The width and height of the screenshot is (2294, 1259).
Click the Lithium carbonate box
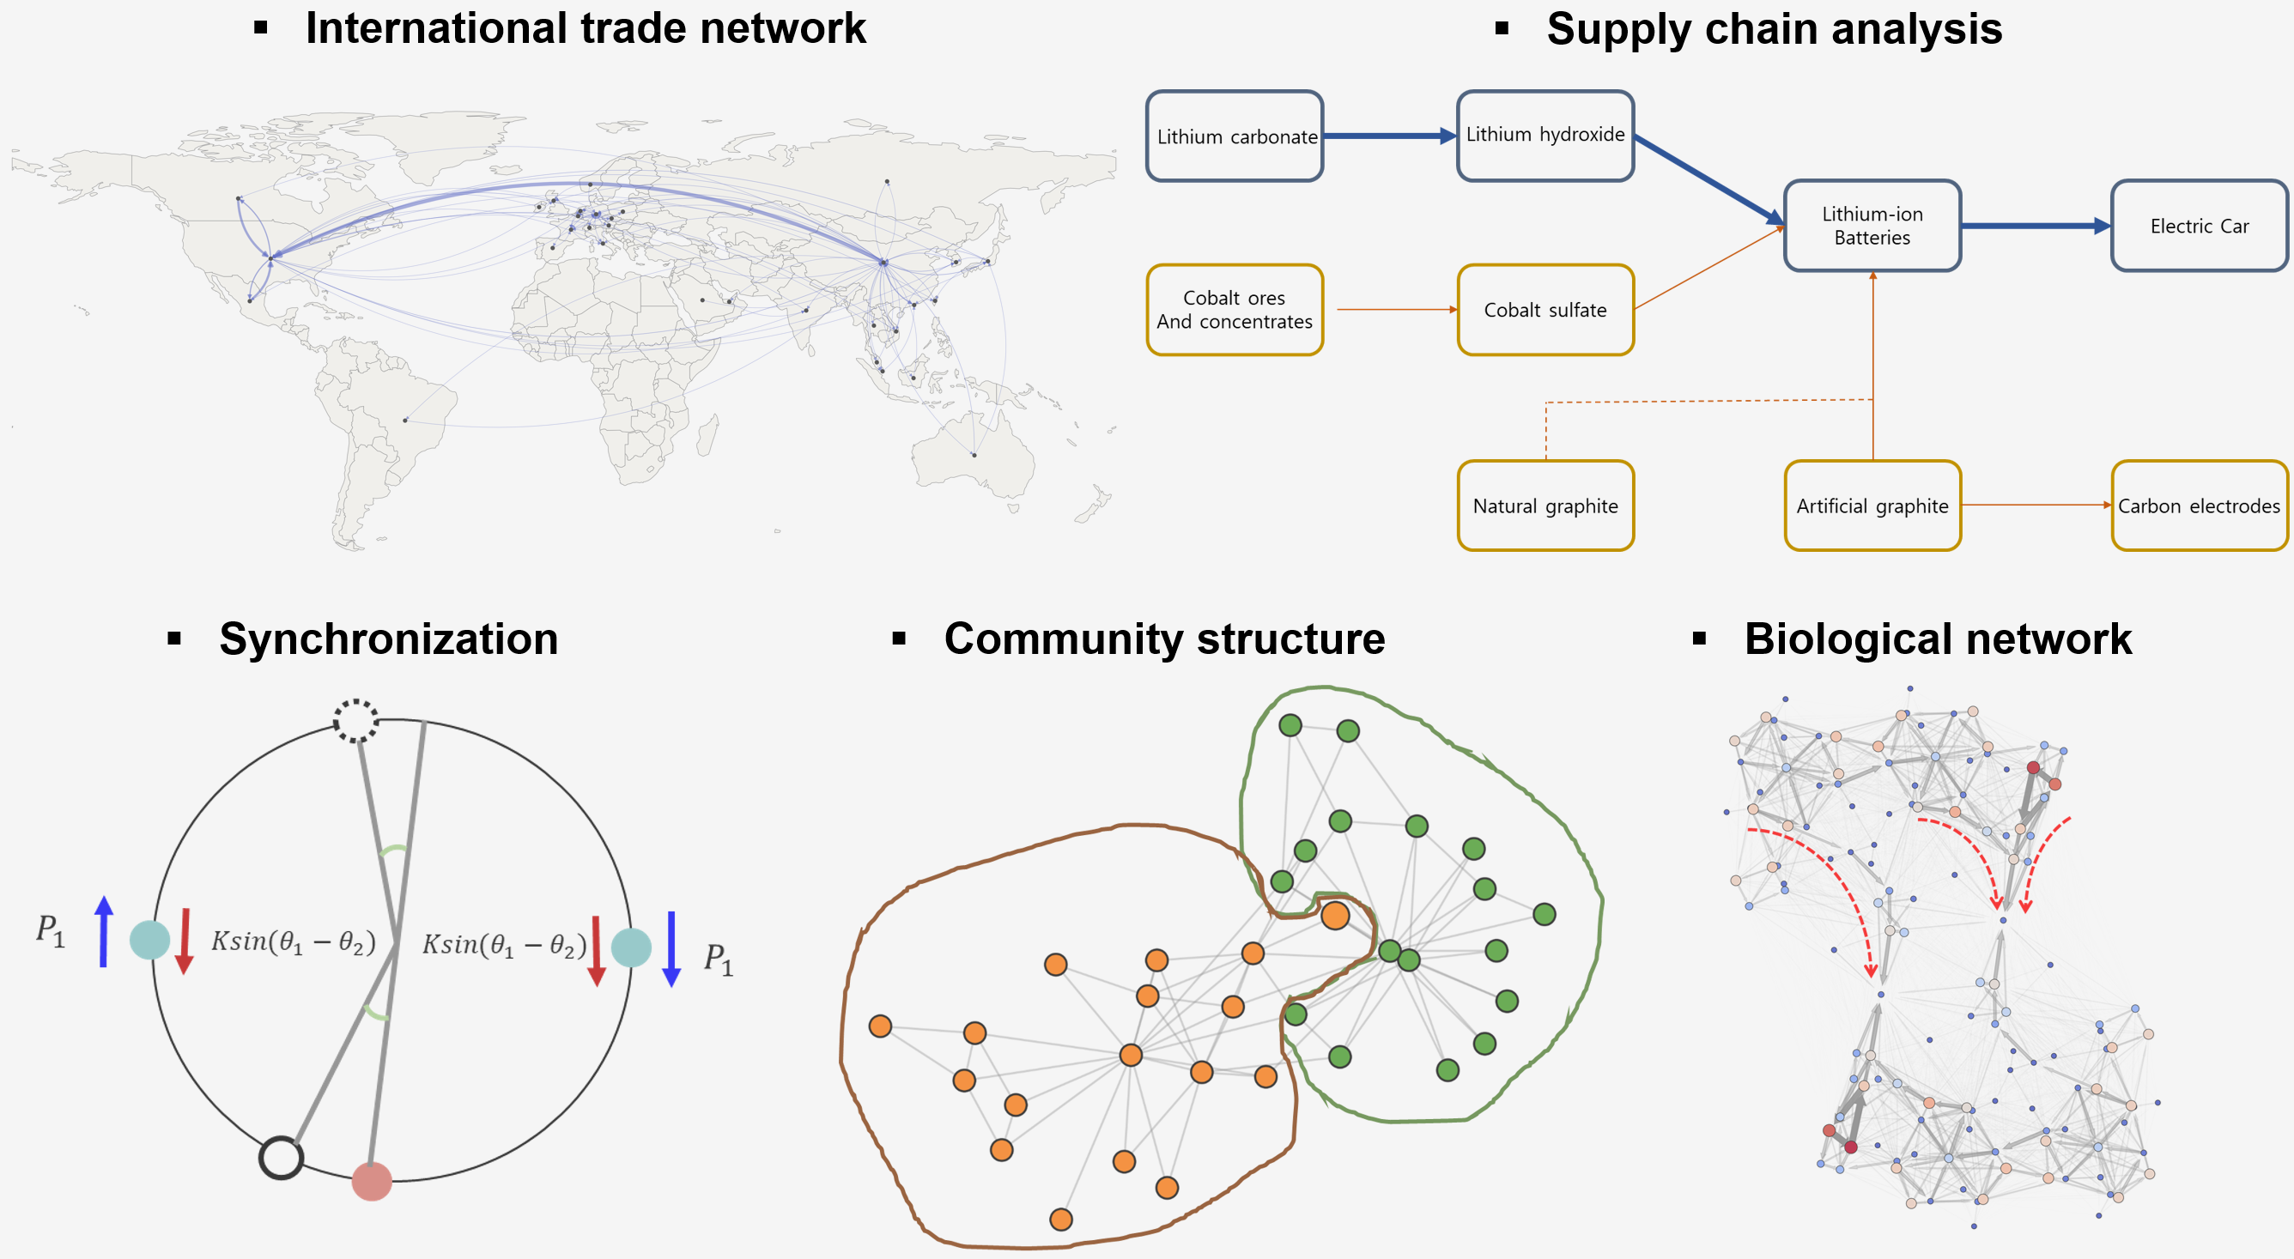tap(1235, 136)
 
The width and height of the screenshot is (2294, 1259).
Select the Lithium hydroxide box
tap(1545, 136)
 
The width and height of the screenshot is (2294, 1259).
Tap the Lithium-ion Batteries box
tap(1872, 225)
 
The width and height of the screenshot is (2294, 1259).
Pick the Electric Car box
tap(2199, 227)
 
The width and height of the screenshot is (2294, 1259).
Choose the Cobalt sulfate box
tap(1545, 310)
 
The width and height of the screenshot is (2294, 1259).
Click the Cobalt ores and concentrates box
tap(1235, 310)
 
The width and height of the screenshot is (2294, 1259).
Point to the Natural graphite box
tap(1545, 505)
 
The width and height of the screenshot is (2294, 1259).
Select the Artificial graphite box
tap(1872, 505)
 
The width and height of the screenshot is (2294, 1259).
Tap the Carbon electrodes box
tap(2199, 505)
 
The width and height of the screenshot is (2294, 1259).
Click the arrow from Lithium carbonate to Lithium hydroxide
tap(1389, 136)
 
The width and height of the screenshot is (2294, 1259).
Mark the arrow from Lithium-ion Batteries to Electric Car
tap(2035, 227)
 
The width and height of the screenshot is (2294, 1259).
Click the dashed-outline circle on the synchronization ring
tap(355, 720)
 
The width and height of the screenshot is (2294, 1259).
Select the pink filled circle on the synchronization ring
tap(372, 1181)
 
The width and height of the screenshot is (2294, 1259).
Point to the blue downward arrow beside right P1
tap(671, 948)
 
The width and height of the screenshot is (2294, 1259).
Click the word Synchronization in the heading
tap(388, 639)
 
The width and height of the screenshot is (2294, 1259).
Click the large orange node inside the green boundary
tap(1335, 914)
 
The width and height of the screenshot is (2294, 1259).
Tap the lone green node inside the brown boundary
tap(1296, 1014)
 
